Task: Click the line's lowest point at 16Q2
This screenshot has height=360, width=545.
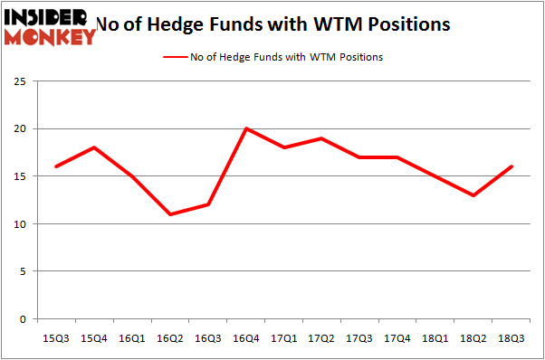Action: [170, 214]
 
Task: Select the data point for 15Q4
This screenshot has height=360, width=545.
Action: [94, 147]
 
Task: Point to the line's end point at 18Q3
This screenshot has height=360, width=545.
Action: [512, 166]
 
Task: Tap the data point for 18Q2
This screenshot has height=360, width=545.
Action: [473, 195]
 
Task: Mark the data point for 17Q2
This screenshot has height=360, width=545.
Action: [321, 138]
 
